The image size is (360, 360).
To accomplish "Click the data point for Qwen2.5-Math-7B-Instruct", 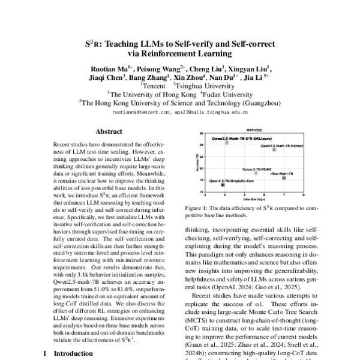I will click(275, 150).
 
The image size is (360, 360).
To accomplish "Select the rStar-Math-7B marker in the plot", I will click(284, 178).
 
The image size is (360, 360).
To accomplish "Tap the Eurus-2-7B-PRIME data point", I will click(256, 173).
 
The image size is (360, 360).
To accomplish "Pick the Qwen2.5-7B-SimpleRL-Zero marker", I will click(223, 185).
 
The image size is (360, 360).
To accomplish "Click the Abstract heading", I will click(109, 130).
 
